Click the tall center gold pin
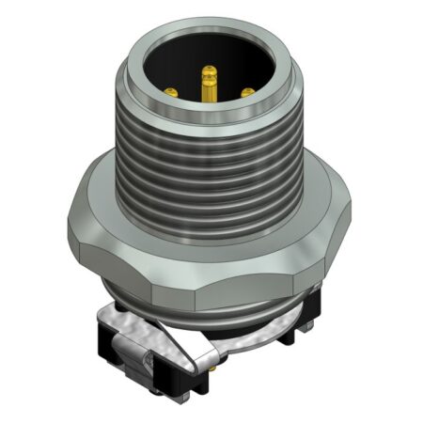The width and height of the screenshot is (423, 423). pyautogui.click(x=210, y=89)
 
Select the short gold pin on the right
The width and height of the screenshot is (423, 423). pyautogui.click(x=248, y=92)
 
